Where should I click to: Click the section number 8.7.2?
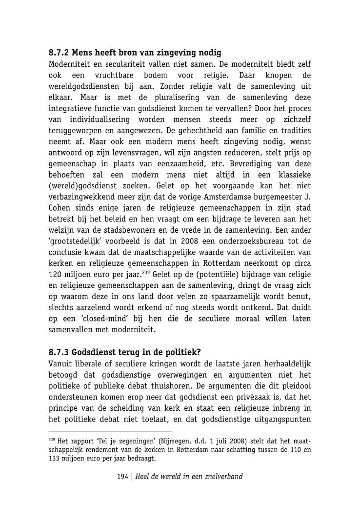60,53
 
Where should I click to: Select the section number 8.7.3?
60,352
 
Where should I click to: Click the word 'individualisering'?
99,120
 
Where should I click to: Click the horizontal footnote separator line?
110,431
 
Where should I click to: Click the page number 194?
122,477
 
